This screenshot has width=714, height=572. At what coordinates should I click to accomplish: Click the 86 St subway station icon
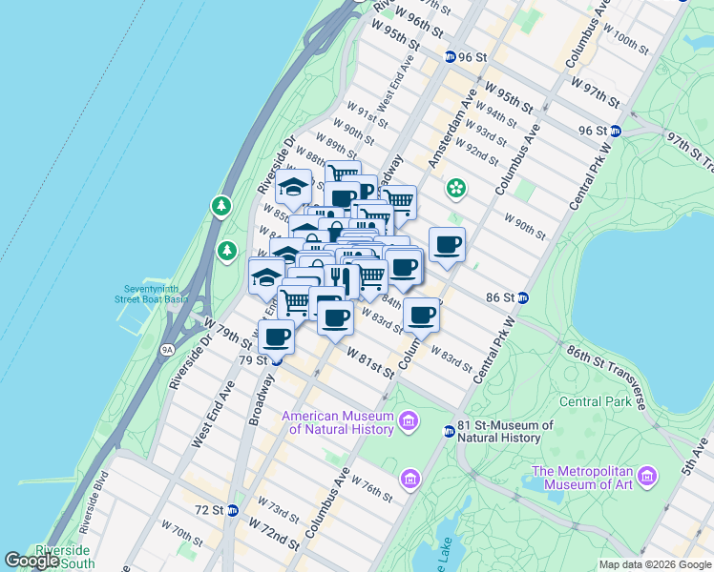(x=523, y=297)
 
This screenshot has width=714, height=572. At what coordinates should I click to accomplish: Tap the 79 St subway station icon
(x=276, y=360)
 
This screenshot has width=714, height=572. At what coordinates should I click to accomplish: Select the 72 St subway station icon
(x=232, y=510)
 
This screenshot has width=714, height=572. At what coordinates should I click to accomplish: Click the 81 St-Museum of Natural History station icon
(x=449, y=432)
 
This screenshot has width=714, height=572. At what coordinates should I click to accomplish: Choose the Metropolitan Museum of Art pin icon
(x=648, y=475)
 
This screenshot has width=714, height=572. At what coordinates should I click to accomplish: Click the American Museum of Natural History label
(x=338, y=422)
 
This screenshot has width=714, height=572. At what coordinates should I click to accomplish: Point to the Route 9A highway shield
(x=168, y=350)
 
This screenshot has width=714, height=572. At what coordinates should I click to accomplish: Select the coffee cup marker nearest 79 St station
(x=276, y=337)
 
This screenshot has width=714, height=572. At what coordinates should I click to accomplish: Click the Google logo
(x=31, y=561)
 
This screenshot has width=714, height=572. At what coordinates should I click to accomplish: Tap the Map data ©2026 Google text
(x=654, y=564)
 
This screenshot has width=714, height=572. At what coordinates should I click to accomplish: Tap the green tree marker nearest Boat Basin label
(x=226, y=251)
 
